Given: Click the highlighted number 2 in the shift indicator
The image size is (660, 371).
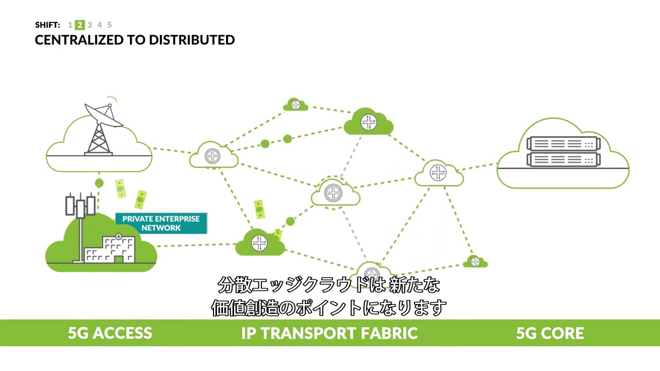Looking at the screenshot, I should coord(79,25).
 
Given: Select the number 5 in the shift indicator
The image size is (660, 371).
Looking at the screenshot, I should coord(109,25).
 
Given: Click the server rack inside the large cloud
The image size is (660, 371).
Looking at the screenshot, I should coord(563,151).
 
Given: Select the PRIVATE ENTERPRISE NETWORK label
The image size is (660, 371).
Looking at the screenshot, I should coord(161,223).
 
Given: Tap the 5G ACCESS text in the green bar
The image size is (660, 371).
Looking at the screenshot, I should coord(110,333).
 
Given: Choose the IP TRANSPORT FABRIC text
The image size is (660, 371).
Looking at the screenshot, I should coord(329,333).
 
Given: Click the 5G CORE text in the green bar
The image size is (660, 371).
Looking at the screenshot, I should coord(550,333).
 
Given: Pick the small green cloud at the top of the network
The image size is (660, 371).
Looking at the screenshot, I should coord(295,105).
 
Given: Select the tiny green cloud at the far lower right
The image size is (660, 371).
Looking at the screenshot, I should coord(475,262).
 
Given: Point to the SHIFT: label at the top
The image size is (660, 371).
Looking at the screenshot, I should coord(47,25).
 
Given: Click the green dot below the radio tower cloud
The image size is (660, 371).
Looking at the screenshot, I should coord(99,183).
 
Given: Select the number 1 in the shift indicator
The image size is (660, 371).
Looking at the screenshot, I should coord(70,25).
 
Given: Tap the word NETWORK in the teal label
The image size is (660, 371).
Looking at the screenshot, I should coord(161,228).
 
